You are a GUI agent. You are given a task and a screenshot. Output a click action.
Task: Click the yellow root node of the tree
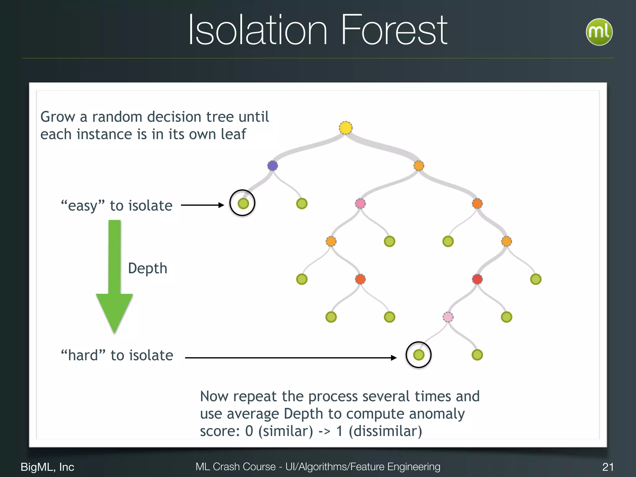(345, 128)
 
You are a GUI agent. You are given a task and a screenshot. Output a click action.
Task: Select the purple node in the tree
(272, 166)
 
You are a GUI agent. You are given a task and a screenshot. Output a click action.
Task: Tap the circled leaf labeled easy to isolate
(243, 203)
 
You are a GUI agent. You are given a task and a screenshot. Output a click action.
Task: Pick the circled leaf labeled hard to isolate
(418, 355)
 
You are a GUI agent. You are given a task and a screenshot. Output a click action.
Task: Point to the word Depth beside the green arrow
(148, 268)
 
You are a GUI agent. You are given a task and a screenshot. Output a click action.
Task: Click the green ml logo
(599, 32)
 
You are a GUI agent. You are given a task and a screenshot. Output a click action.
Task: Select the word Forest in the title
(394, 30)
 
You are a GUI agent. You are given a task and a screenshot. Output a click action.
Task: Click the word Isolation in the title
(258, 30)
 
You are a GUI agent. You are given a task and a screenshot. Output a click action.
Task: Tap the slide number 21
(608, 467)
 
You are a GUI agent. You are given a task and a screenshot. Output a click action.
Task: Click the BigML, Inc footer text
(47, 467)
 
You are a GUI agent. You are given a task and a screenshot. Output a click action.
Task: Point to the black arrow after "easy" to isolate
(202, 205)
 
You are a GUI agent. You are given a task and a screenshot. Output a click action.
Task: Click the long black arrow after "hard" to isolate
(290, 358)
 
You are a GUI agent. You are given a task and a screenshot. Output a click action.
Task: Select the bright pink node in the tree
(360, 203)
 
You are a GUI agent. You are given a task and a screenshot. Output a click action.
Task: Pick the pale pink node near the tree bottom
(447, 317)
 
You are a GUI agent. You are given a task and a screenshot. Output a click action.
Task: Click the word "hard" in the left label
(83, 355)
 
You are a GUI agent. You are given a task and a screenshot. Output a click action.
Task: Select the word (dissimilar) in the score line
(385, 431)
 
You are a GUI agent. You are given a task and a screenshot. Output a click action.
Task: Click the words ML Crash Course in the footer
(235, 467)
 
